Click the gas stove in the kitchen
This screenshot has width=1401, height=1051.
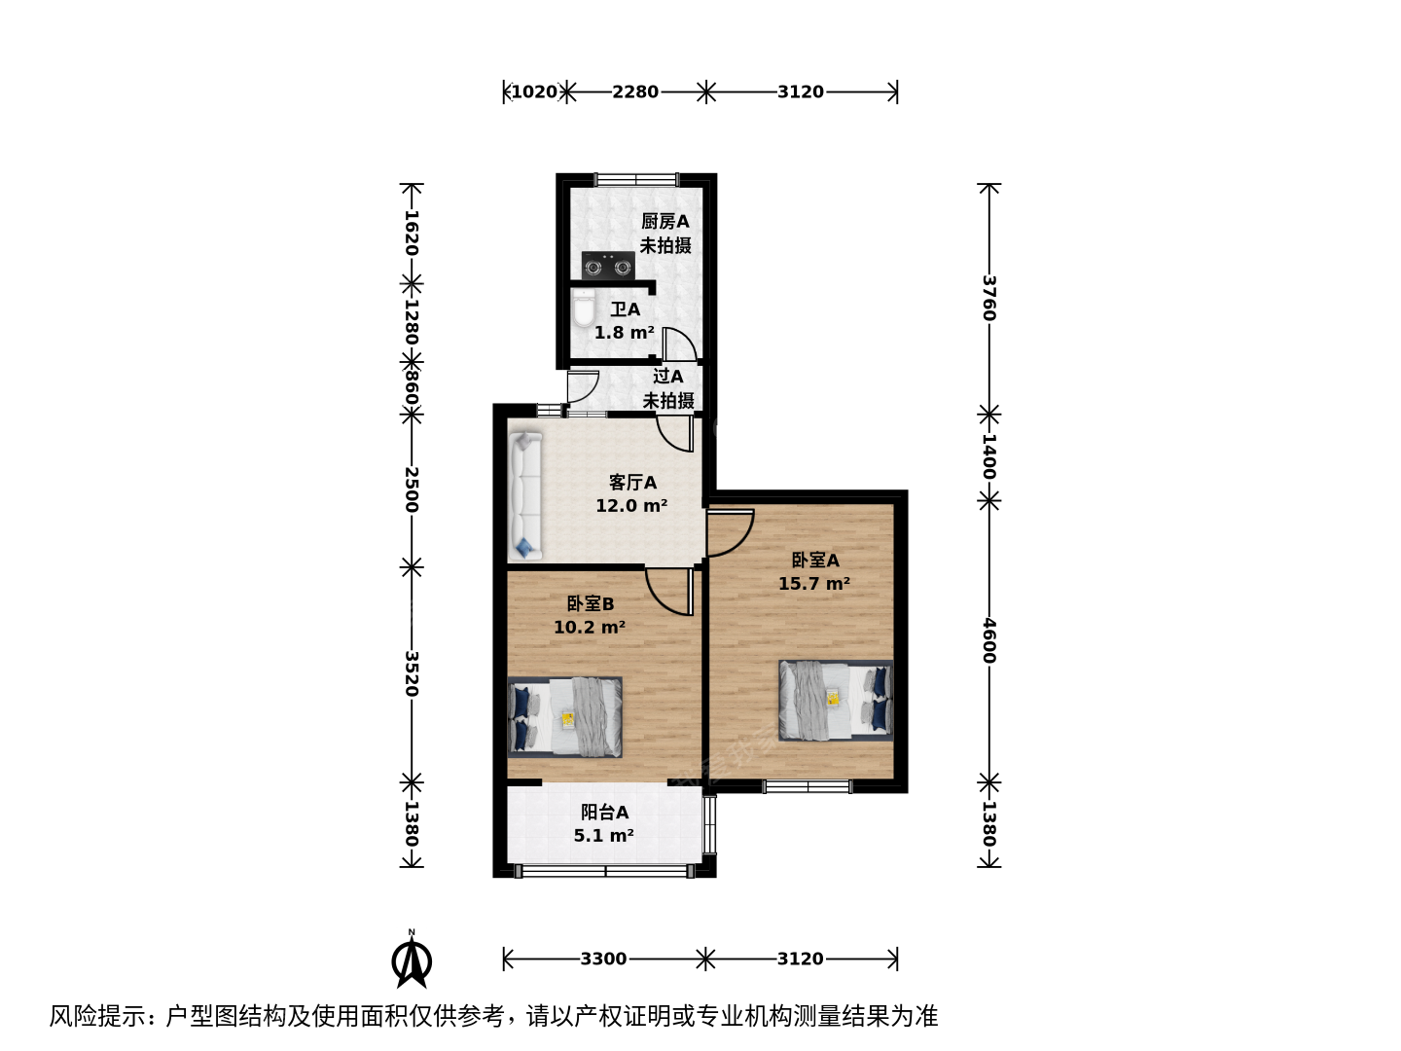(x=608, y=266)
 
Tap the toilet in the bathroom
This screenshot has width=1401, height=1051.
(x=584, y=308)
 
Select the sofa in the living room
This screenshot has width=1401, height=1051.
(x=524, y=495)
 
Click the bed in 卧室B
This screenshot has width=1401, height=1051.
(x=564, y=717)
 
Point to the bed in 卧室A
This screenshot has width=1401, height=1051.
(x=836, y=701)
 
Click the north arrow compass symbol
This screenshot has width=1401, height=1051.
(x=412, y=960)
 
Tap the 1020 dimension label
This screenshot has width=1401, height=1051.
(x=534, y=91)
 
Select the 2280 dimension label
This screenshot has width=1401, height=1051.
(x=635, y=91)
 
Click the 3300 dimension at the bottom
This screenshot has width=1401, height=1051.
(x=603, y=959)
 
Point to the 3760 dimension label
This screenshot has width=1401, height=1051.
(x=988, y=298)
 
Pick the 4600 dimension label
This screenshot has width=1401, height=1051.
(x=988, y=640)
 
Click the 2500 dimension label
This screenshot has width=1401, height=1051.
(x=412, y=489)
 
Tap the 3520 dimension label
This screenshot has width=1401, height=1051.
(x=412, y=673)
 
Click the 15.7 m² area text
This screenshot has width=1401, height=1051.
(x=814, y=583)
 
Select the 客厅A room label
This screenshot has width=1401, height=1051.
(x=632, y=482)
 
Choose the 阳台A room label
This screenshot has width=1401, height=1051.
(x=604, y=813)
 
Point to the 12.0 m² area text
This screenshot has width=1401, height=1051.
(x=631, y=505)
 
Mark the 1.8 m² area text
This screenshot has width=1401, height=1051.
(x=625, y=333)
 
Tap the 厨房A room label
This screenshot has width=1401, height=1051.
(x=665, y=222)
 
